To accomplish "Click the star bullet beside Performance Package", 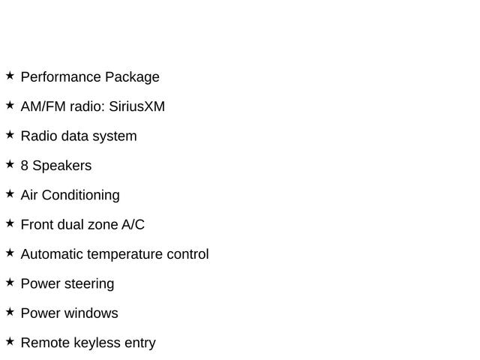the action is tap(10, 76).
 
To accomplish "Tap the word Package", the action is tap(132, 77).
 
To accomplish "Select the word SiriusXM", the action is tap(136, 106).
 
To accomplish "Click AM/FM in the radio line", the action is tap(43, 106).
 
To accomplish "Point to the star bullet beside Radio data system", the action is tap(10, 135).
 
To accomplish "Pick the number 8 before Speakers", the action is tap(25, 166).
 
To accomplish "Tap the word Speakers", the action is tap(61, 166).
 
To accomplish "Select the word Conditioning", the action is tap(80, 196).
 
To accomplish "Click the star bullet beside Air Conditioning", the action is tap(10, 193).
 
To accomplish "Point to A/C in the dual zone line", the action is tap(133, 225).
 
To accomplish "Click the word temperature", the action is tap(125, 255).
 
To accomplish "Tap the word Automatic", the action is tap(52, 254).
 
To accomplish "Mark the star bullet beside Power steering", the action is tap(10, 282).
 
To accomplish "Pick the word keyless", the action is tap(97, 343).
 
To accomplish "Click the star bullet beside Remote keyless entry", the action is tap(10, 341).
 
